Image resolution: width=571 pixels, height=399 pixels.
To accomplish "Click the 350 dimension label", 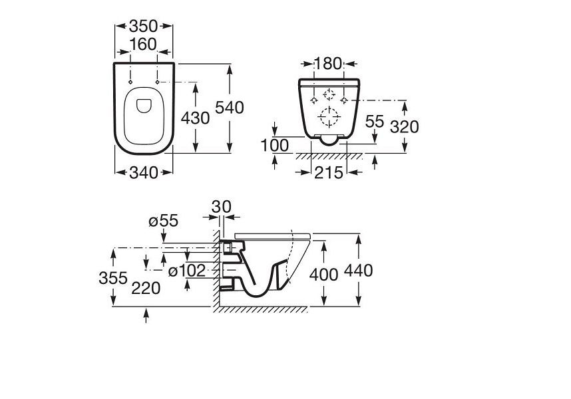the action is pos(144,26).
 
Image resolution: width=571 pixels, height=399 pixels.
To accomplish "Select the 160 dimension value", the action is pos(143,45).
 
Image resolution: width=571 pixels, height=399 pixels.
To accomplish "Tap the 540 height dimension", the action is pos(230,108).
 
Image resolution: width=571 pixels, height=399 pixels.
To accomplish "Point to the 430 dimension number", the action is pos(195,118).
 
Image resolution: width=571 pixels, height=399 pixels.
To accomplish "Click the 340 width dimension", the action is pos(144,173).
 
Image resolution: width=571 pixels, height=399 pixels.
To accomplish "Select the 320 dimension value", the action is pos(404,127).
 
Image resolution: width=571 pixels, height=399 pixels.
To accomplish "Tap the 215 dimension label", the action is pos(329,173).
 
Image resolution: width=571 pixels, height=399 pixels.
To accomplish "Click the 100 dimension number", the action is pos(275,146).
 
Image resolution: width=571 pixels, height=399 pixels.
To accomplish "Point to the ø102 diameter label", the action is pos(187,271).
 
